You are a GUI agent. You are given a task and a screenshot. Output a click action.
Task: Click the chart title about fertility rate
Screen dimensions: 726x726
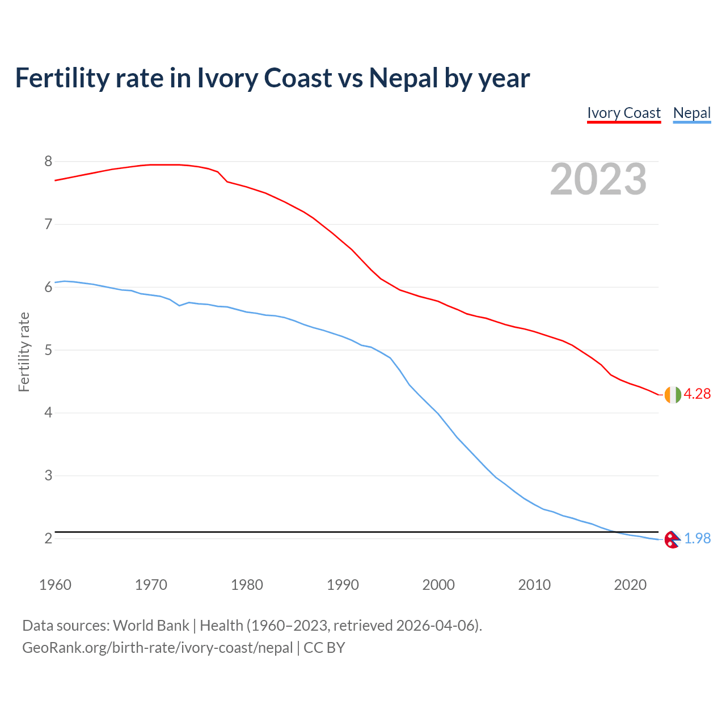click(x=272, y=78)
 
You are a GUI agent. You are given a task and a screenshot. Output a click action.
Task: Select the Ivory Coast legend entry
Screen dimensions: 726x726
click(x=624, y=113)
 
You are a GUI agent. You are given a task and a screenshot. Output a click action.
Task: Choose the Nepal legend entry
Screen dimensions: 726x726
click(x=691, y=113)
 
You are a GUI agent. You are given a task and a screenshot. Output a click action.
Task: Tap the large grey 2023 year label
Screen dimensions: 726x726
click(x=598, y=179)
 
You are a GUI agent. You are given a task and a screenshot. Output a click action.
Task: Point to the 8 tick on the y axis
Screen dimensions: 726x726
click(x=48, y=162)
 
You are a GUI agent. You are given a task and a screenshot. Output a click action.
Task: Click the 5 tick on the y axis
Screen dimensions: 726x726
click(x=48, y=350)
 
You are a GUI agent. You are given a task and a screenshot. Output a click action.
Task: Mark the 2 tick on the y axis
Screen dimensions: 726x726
click(x=48, y=538)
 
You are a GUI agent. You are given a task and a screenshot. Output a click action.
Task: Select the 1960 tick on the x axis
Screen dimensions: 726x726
click(x=55, y=585)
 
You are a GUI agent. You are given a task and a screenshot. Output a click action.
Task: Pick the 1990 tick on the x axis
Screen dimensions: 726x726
click(x=343, y=585)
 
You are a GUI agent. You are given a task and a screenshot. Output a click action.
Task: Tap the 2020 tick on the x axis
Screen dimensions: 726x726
click(x=630, y=585)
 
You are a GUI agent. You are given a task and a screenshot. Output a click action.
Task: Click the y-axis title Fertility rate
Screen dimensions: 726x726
click(x=24, y=352)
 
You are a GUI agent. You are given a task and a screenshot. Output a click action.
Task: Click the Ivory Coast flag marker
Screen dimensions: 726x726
click(x=672, y=395)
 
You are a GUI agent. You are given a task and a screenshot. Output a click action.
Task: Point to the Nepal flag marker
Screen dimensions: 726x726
click(x=672, y=539)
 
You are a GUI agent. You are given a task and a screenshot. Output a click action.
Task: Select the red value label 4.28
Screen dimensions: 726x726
click(x=697, y=394)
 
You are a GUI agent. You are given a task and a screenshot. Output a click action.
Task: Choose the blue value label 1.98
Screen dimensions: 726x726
click(x=697, y=539)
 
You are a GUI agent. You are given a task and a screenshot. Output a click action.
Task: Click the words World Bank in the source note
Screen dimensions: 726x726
click(x=151, y=626)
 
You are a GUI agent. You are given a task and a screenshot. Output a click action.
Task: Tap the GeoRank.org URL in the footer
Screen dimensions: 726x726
click(x=158, y=648)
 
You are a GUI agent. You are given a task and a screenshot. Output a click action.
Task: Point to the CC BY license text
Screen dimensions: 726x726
click(x=324, y=648)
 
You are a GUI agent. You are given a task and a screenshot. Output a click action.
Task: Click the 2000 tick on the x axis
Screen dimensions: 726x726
click(x=438, y=585)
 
